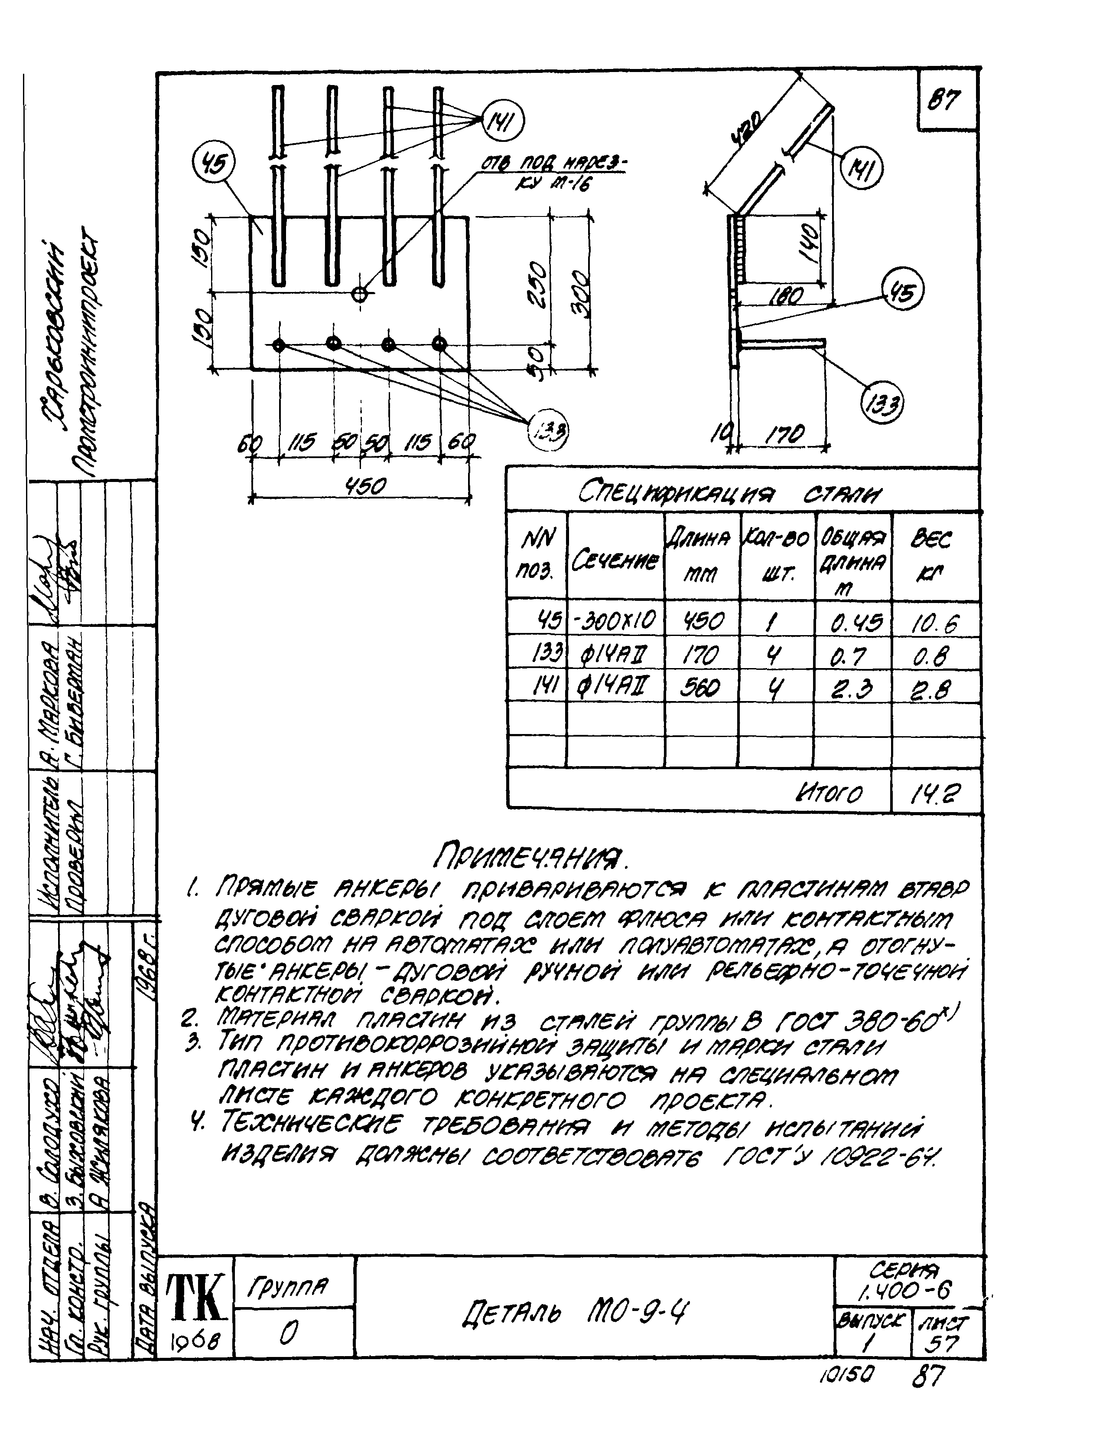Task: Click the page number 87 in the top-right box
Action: point(945,100)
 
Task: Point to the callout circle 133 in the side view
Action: point(882,402)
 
